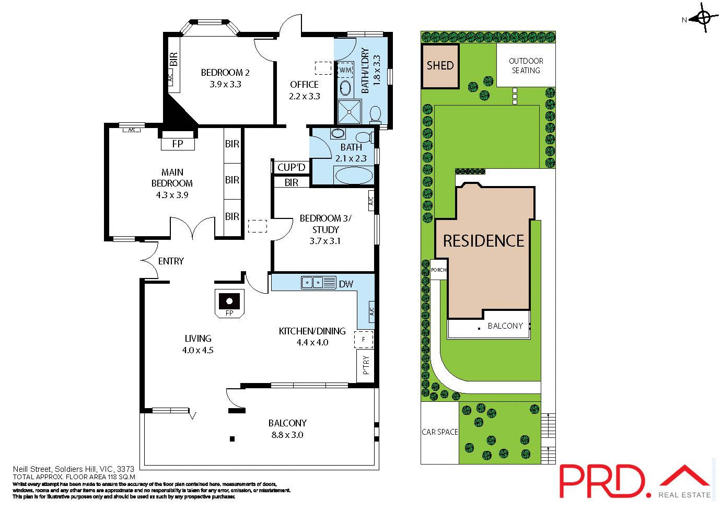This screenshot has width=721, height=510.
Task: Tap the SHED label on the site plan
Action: coord(440,66)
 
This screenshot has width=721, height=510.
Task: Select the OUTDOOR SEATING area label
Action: coord(526,65)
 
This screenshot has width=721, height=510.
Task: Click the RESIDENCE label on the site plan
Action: coord(483,241)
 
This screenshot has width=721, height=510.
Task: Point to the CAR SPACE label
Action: coord(439,432)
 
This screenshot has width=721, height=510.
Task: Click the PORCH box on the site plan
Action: coord(438,270)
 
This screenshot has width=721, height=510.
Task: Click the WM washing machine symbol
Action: coord(346,70)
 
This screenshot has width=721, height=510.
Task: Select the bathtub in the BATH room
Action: coord(354,176)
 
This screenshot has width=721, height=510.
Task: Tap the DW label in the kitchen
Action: coord(346,284)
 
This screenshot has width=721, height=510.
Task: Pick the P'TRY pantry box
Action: coord(366,365)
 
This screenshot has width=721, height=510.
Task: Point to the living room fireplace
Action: coord(229,303)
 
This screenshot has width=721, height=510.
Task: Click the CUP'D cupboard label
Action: coord(291,167)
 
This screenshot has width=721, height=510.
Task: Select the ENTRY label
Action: coord(171,261)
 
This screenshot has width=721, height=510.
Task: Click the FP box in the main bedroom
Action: coord(178,144)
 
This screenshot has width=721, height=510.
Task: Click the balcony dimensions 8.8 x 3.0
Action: coord(287,435)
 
